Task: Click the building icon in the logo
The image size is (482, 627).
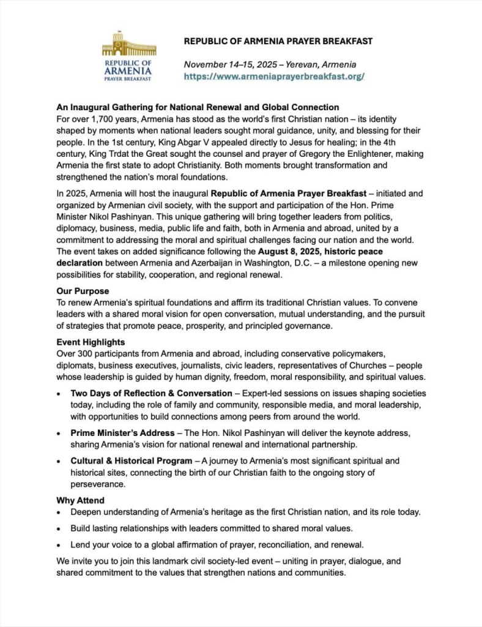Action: tap(128, 44)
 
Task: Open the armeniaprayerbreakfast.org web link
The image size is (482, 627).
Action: tap(274, 77)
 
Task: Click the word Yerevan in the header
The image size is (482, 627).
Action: tap(300, 64)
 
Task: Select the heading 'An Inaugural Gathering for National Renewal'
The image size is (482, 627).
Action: tap(198, 107)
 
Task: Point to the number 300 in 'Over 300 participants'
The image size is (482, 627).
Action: tap(87, 354)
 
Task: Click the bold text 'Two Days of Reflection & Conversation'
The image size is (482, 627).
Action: tap(151, 393)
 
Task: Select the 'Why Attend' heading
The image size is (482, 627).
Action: tap(80, 500)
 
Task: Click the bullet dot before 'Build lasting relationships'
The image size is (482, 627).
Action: tap(58, 528)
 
